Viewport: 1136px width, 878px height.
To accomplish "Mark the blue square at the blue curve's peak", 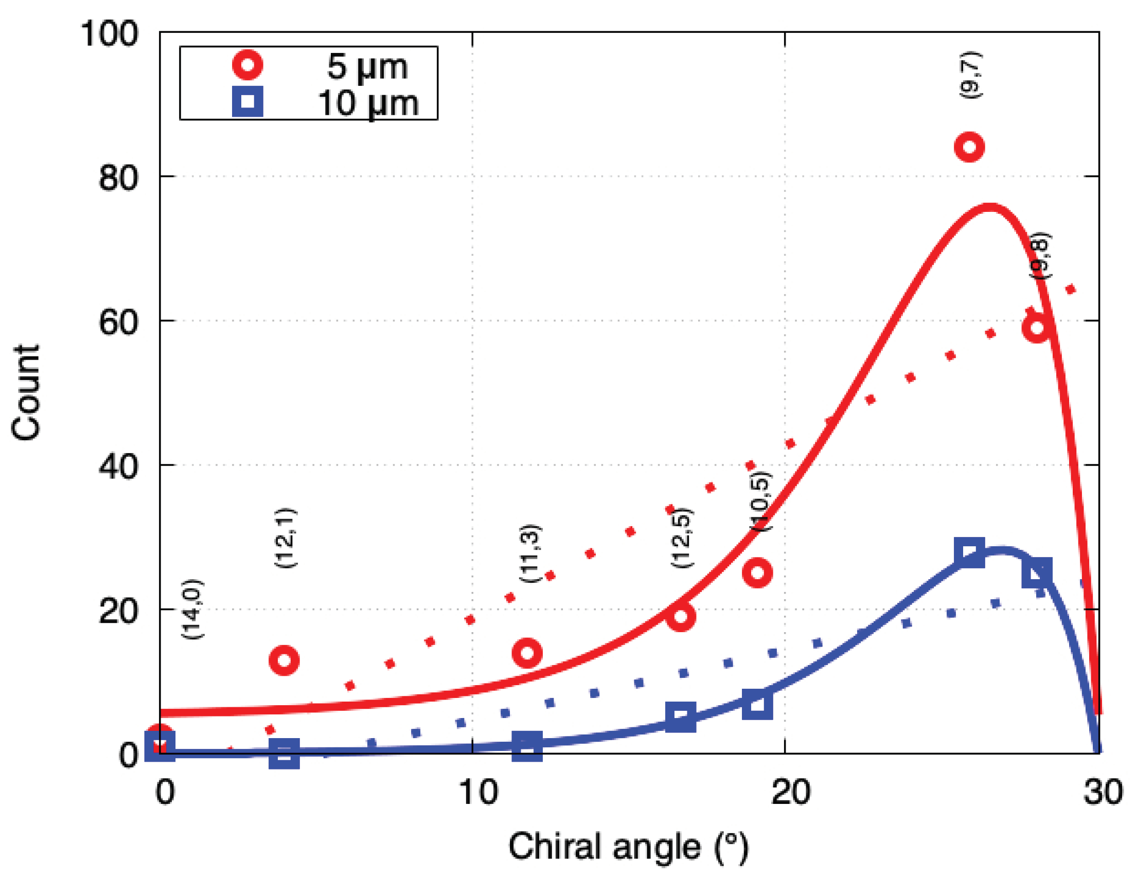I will pos(969,552).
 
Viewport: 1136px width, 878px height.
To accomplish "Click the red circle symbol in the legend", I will pos(247,65).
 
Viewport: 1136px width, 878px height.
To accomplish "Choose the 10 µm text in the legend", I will pos(368,103).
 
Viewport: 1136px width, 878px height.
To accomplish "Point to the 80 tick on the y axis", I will pos(119,177).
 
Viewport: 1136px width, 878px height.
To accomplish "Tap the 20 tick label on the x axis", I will pos(790,792).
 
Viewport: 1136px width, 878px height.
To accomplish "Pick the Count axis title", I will pos(26,392).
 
